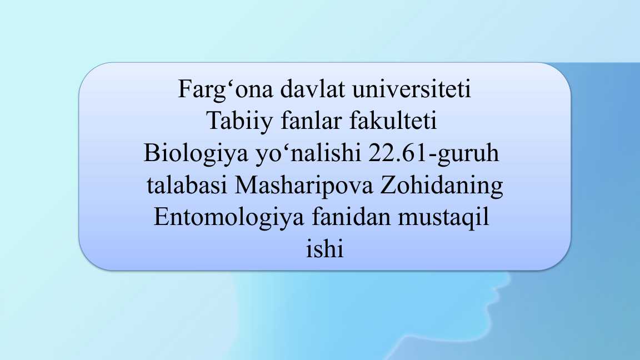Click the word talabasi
coord(187,185)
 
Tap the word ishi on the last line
coord(325,248)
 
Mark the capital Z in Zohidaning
coord(388,186)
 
